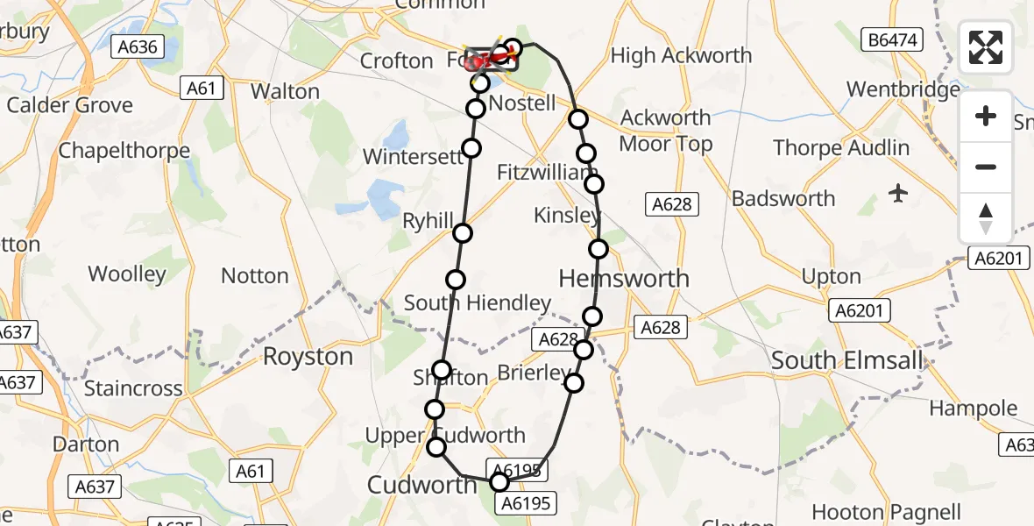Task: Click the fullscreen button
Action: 986,47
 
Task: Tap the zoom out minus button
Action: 986,167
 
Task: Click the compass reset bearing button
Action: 986,218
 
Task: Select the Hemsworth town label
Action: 624,279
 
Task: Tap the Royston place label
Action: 308,357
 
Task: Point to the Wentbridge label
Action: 903,89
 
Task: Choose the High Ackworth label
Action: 681,55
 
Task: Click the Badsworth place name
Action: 783,198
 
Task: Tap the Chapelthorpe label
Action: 124,151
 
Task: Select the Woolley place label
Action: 127,274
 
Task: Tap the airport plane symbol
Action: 898,193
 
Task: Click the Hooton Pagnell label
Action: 886,512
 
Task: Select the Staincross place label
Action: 132,388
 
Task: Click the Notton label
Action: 255,276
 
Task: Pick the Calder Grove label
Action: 70,105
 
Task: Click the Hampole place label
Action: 973,409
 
